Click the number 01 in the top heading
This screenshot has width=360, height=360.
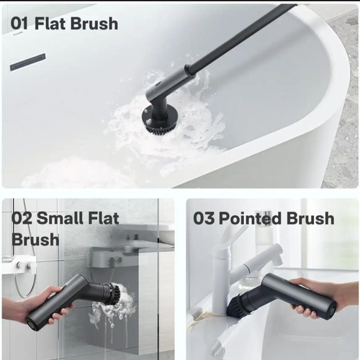coord(19,23)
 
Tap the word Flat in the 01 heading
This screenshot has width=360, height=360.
coord(50,23)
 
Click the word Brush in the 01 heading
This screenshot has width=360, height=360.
coord(94,23)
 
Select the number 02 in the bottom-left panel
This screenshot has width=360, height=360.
coord(22,218)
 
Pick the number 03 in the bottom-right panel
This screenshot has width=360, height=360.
coord(204,218)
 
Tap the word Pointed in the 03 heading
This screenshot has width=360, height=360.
coord(250,218)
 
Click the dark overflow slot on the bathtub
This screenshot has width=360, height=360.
coord(27,62)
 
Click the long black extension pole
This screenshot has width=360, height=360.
coord(240,37)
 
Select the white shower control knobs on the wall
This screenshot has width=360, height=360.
coord(23,266)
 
